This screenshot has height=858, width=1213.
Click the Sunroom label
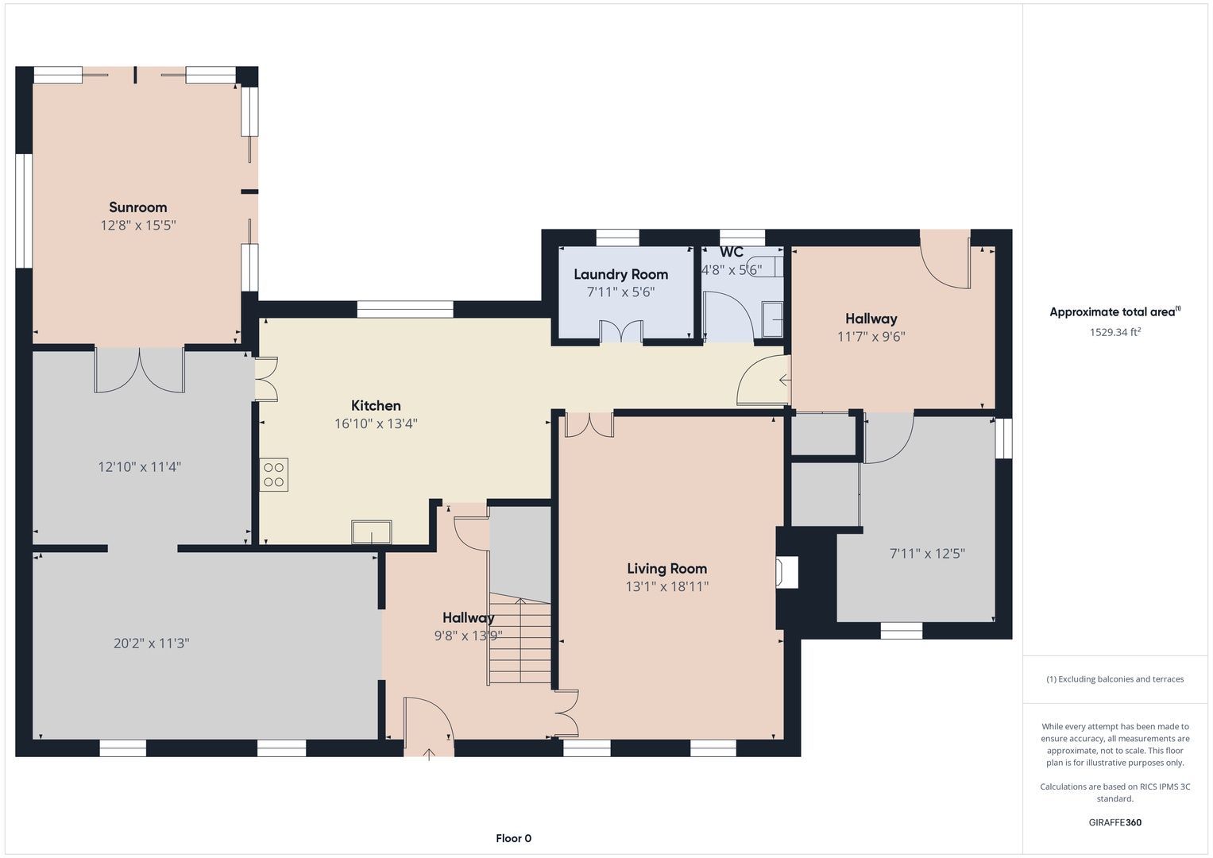(138, 207)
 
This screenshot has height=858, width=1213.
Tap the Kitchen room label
(376, 406)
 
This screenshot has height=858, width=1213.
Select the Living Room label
(667, 569)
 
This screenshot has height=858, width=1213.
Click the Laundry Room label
(621, 275)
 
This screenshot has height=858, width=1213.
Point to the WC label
(732, 252)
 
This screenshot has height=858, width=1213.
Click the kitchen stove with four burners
(274, 475)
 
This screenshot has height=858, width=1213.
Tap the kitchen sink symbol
(372, 532)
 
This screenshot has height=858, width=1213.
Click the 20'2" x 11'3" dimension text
(152, 643)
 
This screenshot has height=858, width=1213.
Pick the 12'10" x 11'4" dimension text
(139, 467)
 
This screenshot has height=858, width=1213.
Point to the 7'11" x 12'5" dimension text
(928, 554)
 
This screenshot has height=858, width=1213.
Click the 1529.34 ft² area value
(1115, 332)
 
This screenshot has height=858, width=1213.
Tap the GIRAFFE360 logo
(1115, 822)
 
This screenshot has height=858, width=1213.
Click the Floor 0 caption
(513, 838)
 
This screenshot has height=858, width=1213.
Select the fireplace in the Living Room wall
(787, 572)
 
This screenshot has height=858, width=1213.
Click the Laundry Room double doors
(622, 331)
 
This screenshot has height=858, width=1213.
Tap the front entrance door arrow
(429, 755)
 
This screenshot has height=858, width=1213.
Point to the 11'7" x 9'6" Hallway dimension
(871, 337)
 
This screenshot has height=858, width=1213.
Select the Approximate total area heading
(1115, 311)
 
